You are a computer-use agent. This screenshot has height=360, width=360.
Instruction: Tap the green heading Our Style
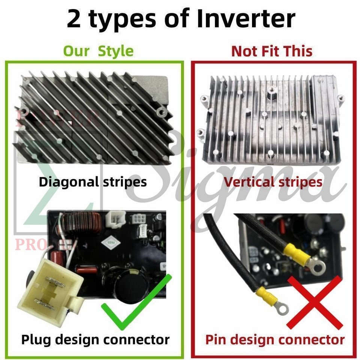click(x=98, y=51)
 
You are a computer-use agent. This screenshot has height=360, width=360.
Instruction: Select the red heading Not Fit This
click(x=272, y=51)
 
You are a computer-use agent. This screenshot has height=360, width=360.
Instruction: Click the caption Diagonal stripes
click(x=93, y=182)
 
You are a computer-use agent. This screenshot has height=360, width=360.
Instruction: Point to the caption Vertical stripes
click(x=273, y=182)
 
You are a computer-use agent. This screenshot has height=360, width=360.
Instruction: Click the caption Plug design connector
click(x=95, y=340)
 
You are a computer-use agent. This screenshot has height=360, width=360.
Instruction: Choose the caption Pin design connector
click(x=274, y=340)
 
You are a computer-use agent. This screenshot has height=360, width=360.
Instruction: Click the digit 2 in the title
click(x=74, y=19)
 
